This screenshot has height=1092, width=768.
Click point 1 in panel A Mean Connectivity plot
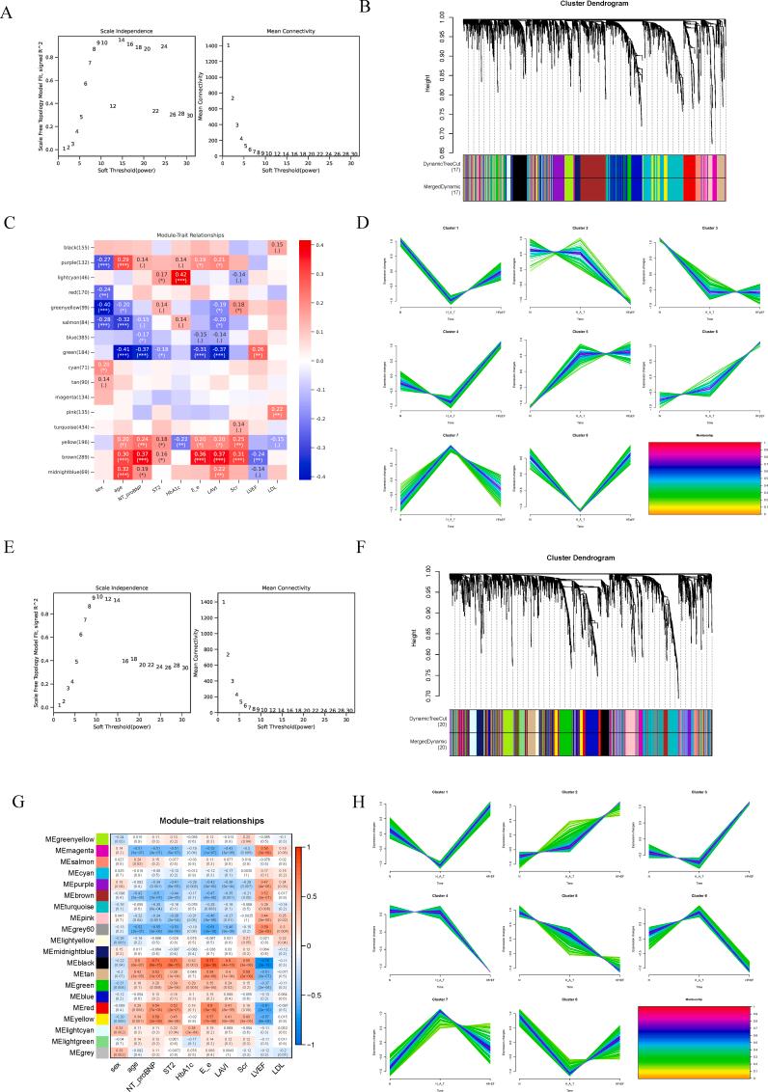click(x=229, y=45)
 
